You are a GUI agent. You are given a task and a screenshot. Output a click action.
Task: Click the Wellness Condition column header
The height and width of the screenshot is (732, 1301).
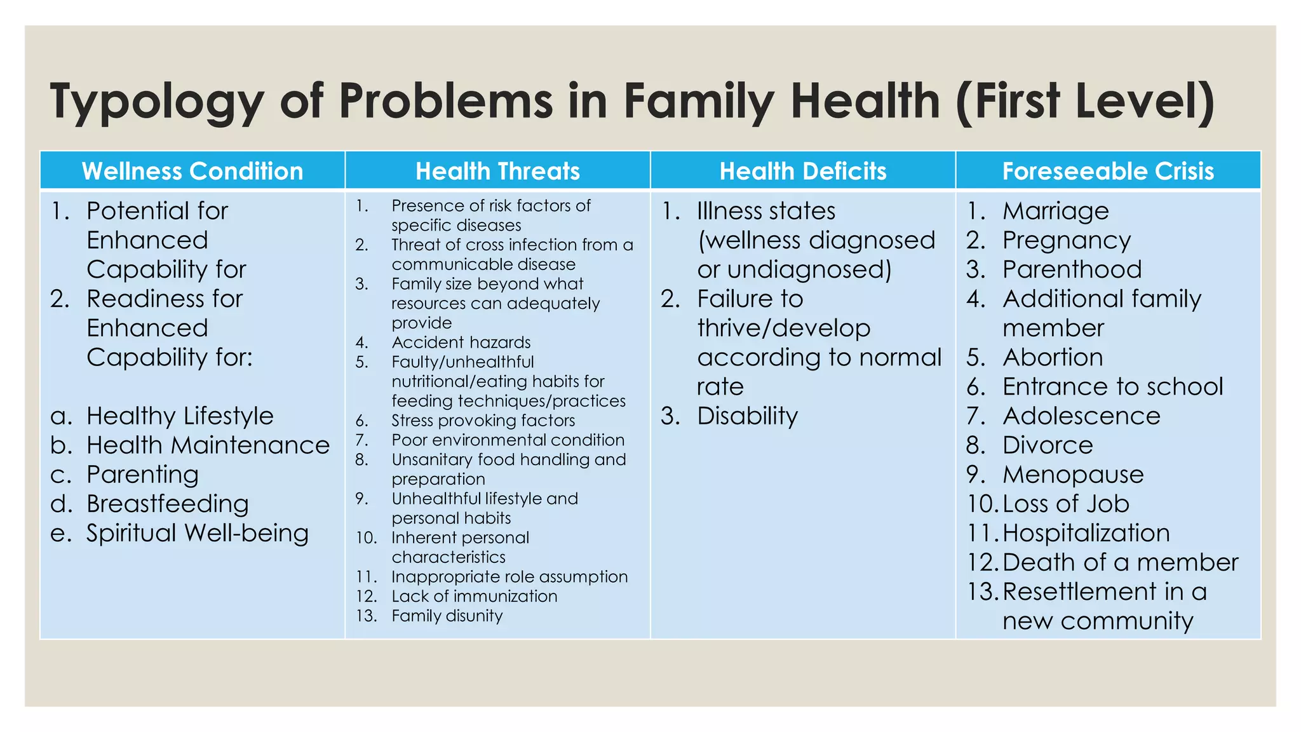192,172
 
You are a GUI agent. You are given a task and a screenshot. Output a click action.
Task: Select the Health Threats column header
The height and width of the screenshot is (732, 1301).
497,172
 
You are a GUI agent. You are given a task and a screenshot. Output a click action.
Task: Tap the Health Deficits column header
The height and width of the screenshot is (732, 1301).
802,172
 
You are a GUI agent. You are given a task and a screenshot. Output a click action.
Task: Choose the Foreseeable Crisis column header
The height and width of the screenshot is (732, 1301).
1108,172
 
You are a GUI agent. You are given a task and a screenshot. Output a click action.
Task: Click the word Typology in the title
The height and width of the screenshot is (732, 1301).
156,102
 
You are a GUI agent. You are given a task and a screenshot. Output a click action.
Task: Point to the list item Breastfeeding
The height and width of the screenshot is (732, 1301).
168,504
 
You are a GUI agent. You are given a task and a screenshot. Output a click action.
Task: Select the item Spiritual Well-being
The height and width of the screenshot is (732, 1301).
198,533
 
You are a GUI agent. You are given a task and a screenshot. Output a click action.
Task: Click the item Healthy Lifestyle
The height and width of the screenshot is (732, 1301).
180,416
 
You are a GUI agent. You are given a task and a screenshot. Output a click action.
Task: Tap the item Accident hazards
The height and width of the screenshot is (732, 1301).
461,342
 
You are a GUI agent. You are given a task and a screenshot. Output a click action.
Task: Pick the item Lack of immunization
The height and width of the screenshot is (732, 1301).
474,596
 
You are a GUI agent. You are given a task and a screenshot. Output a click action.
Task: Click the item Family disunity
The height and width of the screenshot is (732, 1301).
447,616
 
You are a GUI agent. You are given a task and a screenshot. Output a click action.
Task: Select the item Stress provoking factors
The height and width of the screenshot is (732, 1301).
483,421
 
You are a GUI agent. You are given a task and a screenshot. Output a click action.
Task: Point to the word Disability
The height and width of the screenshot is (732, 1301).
747,416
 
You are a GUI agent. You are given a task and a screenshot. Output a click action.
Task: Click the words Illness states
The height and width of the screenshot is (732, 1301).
766,211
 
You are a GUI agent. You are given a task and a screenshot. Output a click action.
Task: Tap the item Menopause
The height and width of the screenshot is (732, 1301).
1073,475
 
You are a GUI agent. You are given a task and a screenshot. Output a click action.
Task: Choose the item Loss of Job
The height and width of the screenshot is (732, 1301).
1065,504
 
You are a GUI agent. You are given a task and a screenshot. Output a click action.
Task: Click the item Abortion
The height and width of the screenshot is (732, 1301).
1053,357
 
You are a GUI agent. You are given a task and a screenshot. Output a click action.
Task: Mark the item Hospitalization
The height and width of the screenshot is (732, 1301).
1086,533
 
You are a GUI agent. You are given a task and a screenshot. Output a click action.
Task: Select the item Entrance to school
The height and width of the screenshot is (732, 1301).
1112,386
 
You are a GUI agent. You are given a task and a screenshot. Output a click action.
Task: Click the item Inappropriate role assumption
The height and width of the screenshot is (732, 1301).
509,577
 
